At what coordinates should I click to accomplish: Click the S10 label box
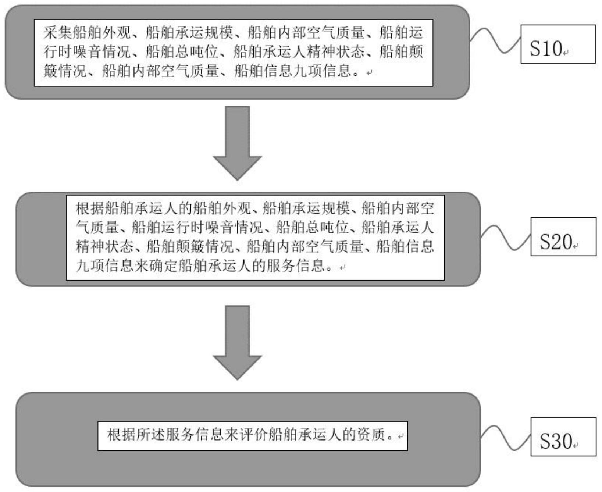pyautogui.click(x=558, y=44)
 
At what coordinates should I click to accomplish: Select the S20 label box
pyautogui.click(x=563, y=236)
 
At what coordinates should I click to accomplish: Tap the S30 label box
pyautogui.click(x=563, y=436)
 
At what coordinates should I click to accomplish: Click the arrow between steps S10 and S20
pyautogui.click(x=237, y=143)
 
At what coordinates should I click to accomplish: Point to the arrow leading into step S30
pyautogui.click(x=237, y=342)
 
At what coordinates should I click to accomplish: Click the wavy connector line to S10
pyautogui.click(x=495, y=40)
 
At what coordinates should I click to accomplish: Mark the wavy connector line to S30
pyautogui.click(x=506, y=438)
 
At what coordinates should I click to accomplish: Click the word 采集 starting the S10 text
pyautogui.click(x=58, y=33)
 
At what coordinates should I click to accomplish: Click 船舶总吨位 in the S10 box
pyautogui.click(x=182, y=52)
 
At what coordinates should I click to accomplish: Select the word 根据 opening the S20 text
pyautogui.click(x=90, y=208)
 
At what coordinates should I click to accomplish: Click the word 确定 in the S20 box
pyautogui.click(x=164, y=265)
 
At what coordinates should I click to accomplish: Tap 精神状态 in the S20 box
pyautogui.click(x=105, y=246)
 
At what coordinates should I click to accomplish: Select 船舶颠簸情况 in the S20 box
pyautogui.click(x=190, y=246)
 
